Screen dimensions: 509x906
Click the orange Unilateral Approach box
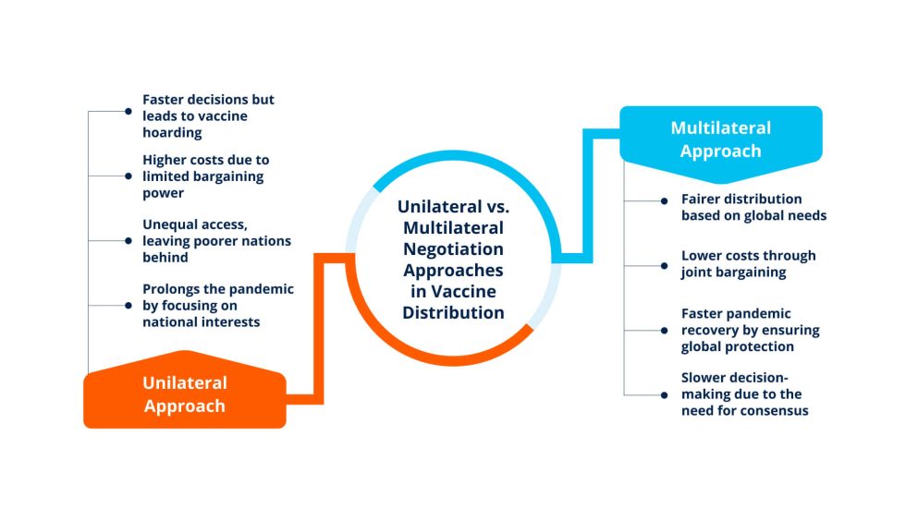point(184,394)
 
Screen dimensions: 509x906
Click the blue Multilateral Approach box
point(720,139)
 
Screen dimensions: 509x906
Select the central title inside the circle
point(452,260)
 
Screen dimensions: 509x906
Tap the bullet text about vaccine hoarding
point(208,115)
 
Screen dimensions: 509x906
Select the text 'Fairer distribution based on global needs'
point(753,207)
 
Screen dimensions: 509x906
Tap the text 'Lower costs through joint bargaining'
point(748,263)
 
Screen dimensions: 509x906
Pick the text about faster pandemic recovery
point(750,330)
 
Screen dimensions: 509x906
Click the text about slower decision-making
point(744,394)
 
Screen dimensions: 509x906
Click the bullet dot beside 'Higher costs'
point(129,176)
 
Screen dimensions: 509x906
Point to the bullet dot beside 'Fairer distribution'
point(663,200)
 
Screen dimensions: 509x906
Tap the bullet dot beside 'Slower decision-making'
point(663,394)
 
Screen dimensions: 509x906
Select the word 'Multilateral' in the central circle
point(452,228)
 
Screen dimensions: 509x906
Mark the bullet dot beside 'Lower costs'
point(663,264)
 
